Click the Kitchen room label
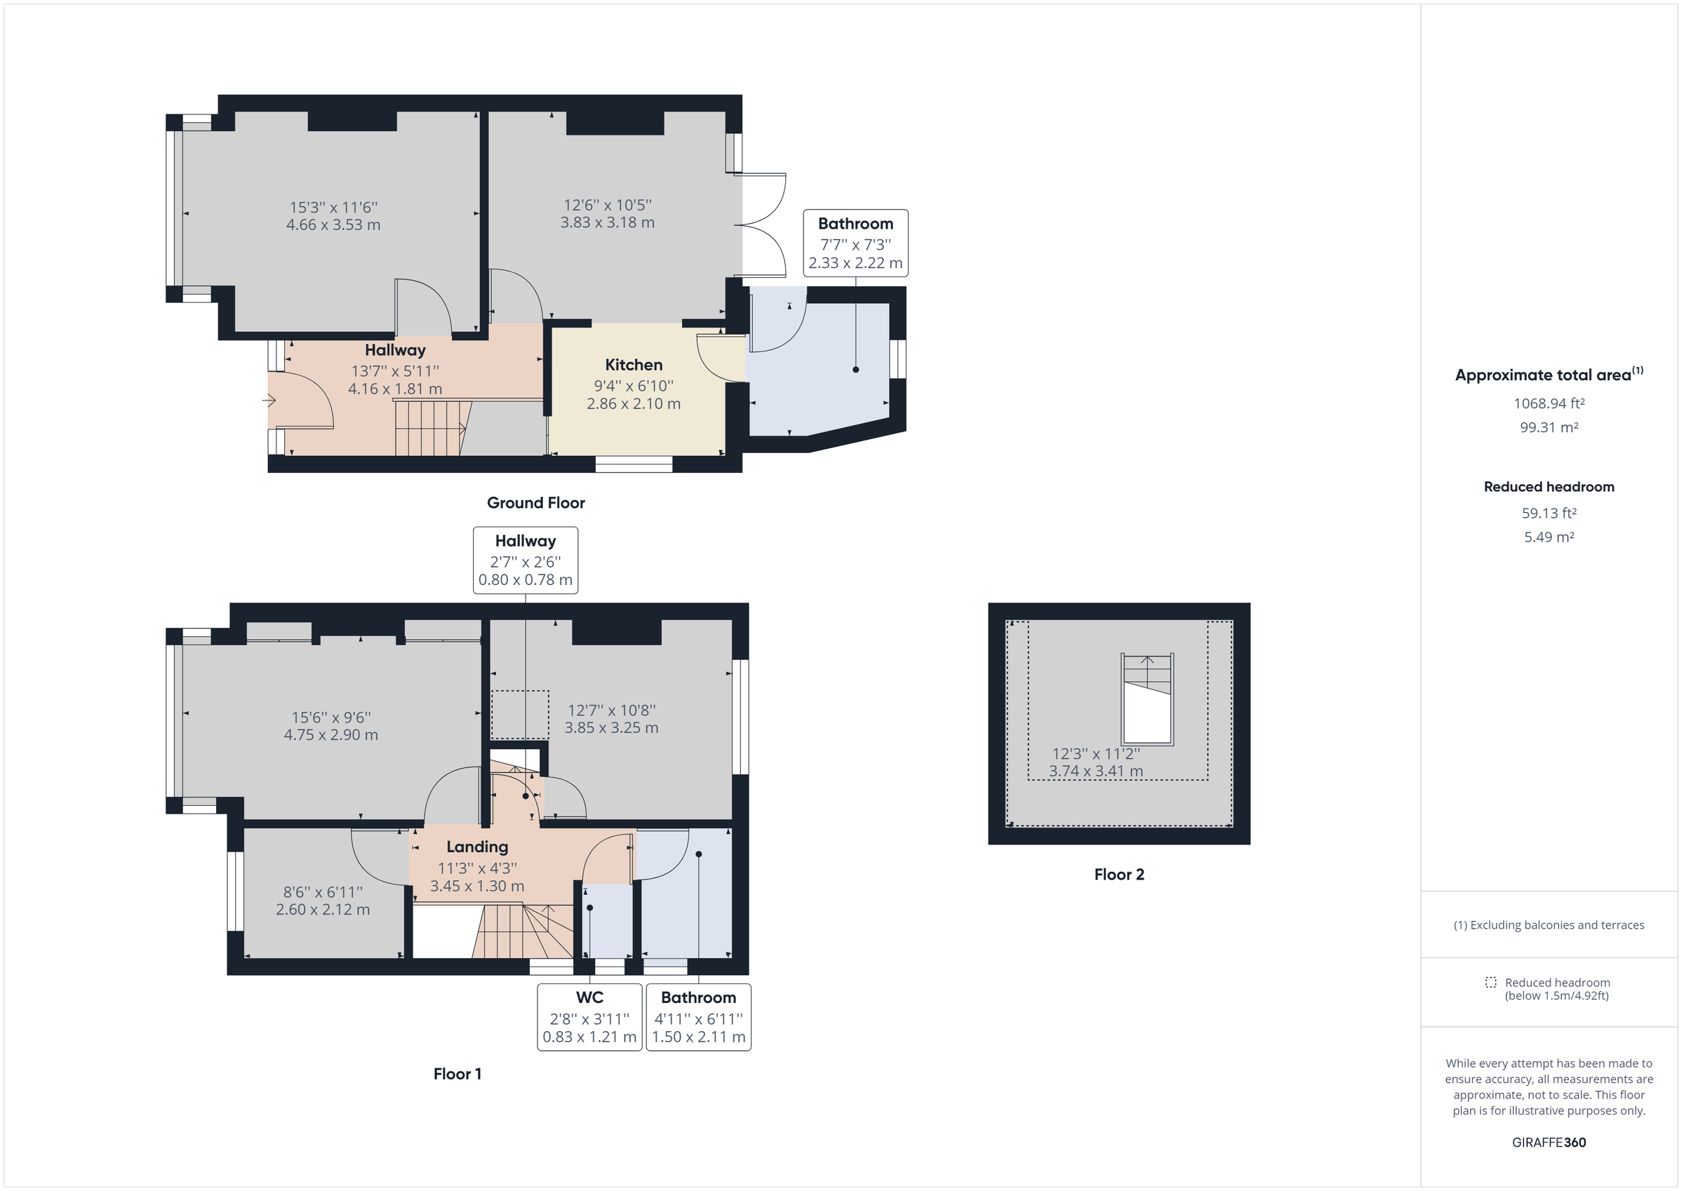pos(633,365)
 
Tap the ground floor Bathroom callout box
pos(855,243)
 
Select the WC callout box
pos(589,1016)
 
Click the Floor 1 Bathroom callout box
pos(697,1016)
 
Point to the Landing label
pos(476,847)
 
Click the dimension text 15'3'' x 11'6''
pos(333,208)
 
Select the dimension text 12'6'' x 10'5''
pos(608,206)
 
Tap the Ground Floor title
pos(535,502)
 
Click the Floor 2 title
pos(1118,874)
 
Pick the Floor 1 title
pos(457,1074)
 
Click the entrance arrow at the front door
pos(269,401)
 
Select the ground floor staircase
pos(431,428)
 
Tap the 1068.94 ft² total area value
pos(1549,403)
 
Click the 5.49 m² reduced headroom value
pos(1549,537)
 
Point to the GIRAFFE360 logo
pos(1549,1142)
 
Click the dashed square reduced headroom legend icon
pos(1490,982)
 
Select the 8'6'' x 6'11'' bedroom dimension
pos(323,891)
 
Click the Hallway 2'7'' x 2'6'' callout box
pos(525,560)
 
